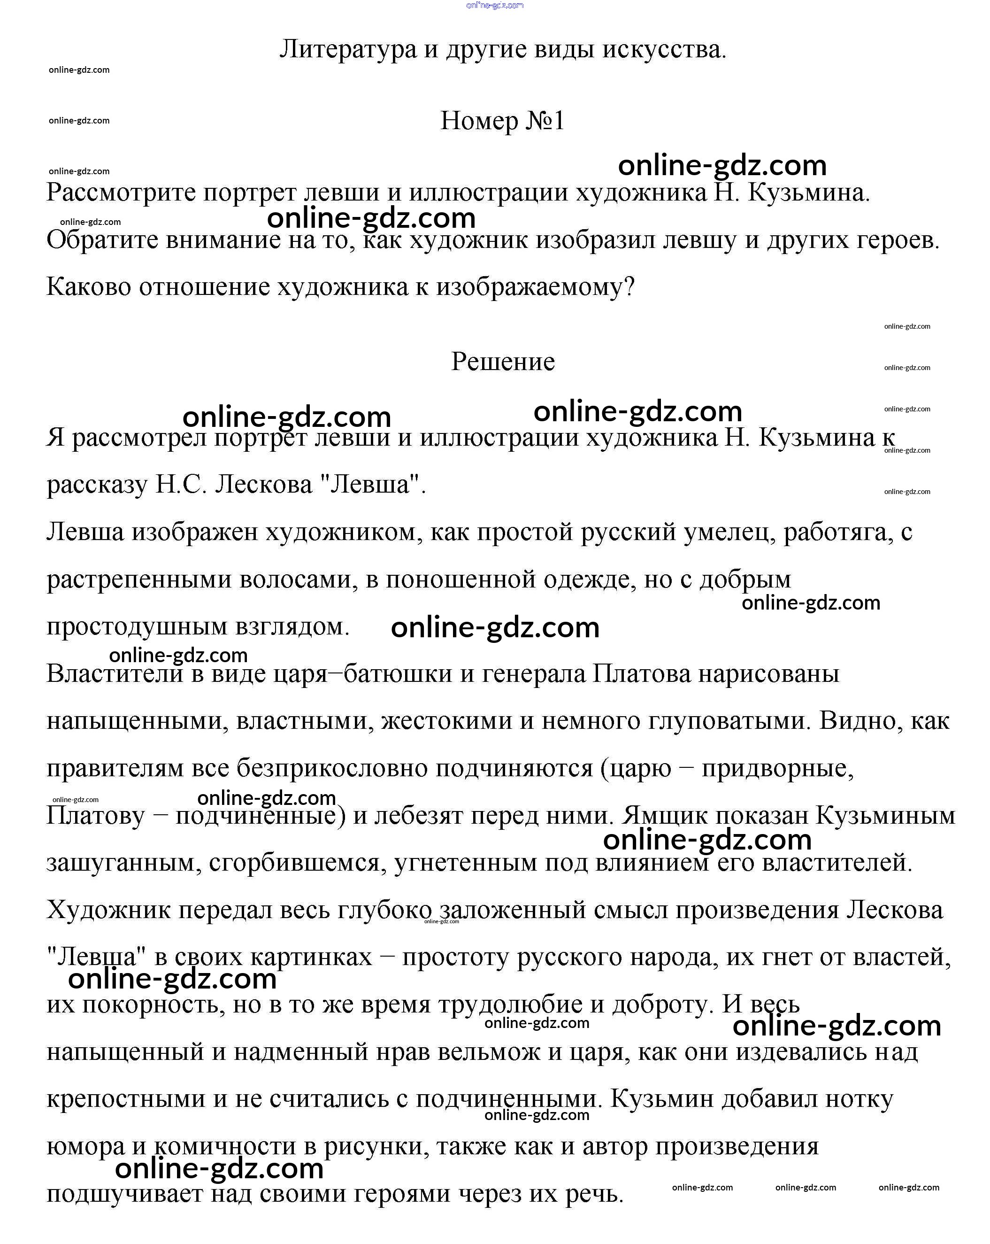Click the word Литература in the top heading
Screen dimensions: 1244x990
[347, 50]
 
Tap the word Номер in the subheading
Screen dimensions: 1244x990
[479, 121]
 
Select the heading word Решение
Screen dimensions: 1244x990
[502, 362]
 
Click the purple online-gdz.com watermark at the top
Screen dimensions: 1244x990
[494, 5]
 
